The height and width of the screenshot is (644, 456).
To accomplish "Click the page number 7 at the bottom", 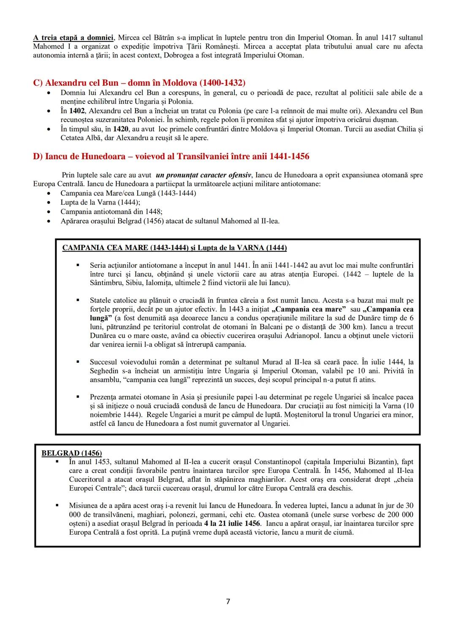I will tap(228, 601).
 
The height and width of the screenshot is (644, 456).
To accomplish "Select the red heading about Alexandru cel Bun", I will tap(139, 82).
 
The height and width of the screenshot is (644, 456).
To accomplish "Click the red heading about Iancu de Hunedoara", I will tap(171, 156).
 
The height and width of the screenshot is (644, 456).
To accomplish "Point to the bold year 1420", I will tap(121, 129).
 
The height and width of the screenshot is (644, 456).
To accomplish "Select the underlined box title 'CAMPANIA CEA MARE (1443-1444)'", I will tap(125, 248).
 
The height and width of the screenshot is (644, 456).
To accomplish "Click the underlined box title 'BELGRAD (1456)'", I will tap(71, 453).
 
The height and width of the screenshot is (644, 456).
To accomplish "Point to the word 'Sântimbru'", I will tap(106, 283).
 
